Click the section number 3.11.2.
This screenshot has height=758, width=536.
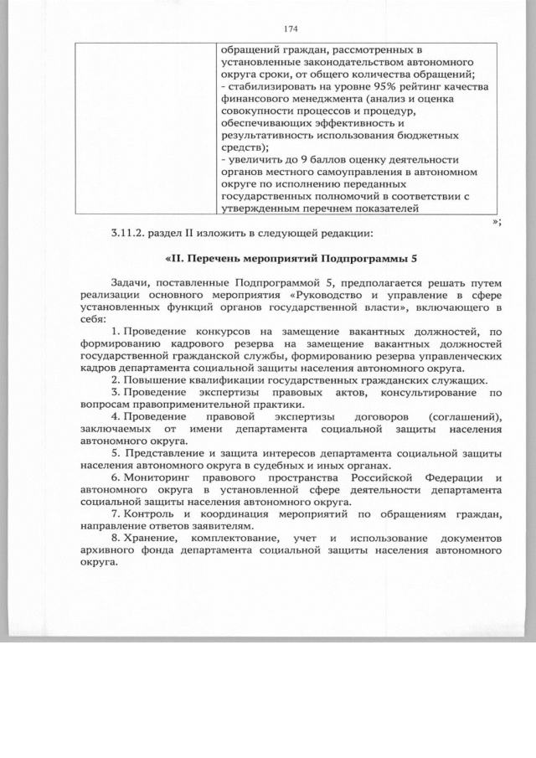pyautogui.click(x=126, y=232)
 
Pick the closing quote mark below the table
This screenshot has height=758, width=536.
pyautogui.click(x=497, y=220)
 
